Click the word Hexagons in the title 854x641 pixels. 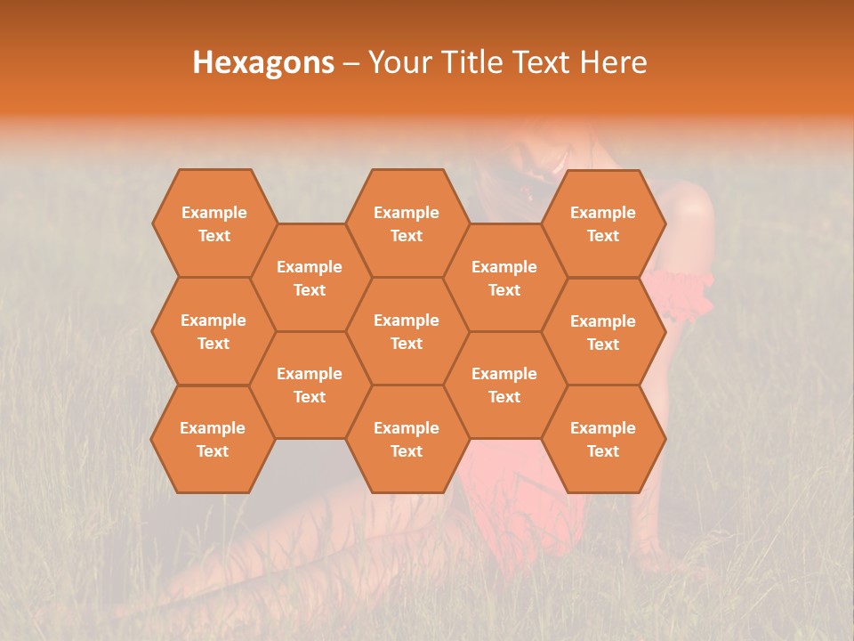pyautogui.click(x=263, y=62)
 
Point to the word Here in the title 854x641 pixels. pyautogui.click(x=613, y=62)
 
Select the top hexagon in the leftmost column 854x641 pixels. pyautogui.click(x=213, y=223)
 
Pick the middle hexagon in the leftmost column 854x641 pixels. pyautogui.click(x=213, y=331)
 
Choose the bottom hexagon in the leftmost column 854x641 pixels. pyautogui.click(x=213, y=439)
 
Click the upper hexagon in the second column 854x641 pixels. pyautogui.click(x=310, y=278)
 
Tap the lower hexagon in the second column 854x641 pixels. pyautogui.click(x=310, y=385)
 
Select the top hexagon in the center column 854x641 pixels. pyautogui.click(x=407, y=223)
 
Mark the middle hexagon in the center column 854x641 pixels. pyautogui.click(x=407, y=331)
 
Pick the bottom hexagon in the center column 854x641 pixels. pyautogui.click(x=407, y=439)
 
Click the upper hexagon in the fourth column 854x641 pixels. pyautogui.click(x=504, y=278)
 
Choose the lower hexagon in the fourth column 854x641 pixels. pyautogui.click(x=504, y=385)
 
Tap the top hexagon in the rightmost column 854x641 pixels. pyautogui.click(x=603, y=223)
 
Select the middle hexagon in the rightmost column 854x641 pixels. pyautogui.click(x=603, y=332)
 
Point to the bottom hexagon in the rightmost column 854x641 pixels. pyautogui.click(x=603, y=439)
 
